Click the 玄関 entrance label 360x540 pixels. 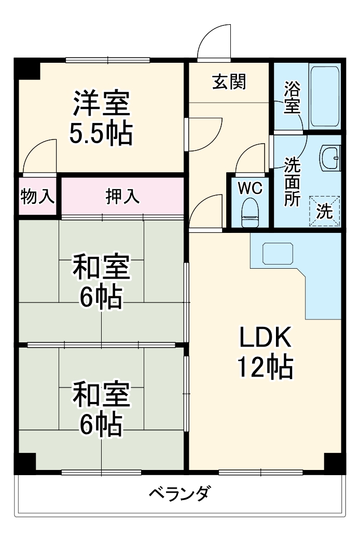click(229, 81)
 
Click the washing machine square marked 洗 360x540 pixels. click(324, 211)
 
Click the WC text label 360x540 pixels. click(250, 187)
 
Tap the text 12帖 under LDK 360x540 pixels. click(265, 368)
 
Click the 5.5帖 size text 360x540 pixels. click(101, 134)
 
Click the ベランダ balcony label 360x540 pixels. click(179, 493)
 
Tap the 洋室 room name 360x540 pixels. click(101, 104)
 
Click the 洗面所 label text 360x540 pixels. click(292, 182)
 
